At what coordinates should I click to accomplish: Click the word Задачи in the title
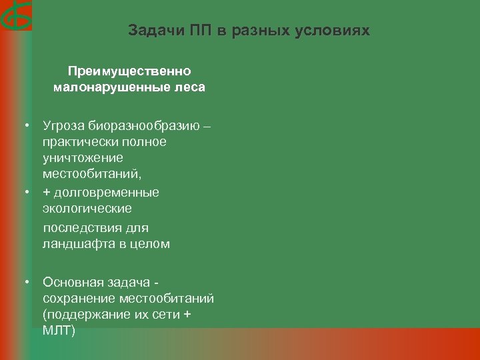(x=149, y=31)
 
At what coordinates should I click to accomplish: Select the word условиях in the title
(x=340, y=31)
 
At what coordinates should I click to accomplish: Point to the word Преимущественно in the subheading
(x=129, y=71)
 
